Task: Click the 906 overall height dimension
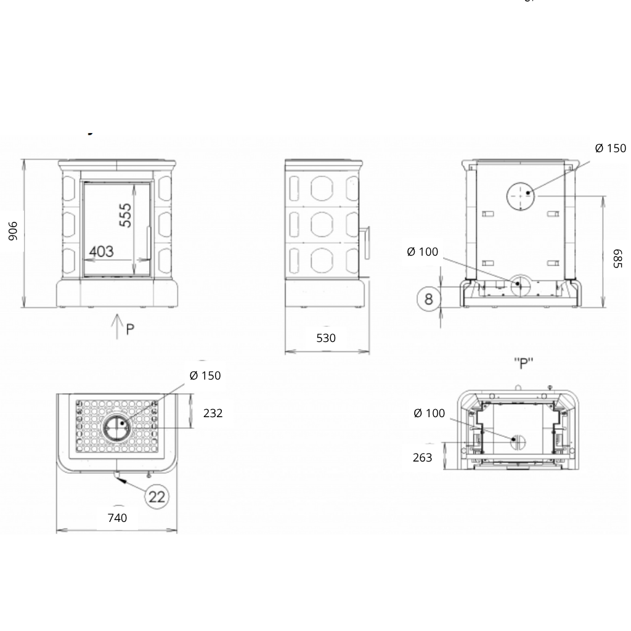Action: pos(14,231)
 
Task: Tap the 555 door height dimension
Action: pos(126,215)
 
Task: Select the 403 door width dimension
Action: pos(102,251)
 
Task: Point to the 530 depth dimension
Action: pos(326,338)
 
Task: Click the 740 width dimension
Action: pos(118,518)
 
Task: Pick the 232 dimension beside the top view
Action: pos(213,413)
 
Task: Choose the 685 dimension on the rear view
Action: pos(617,258)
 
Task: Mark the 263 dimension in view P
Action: pos(423,458)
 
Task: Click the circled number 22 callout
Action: pos(157,497)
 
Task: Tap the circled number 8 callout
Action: pos(429,299)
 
